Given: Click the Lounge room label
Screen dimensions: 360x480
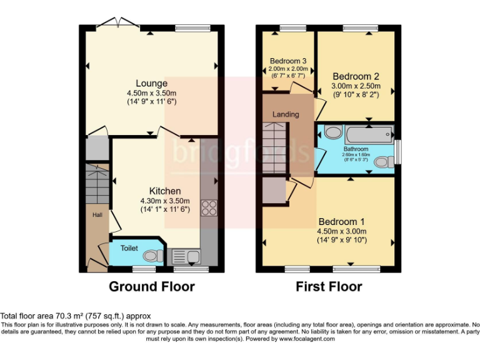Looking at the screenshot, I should click(x=151, y=83).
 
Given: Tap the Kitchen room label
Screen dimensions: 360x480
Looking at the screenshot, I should click(x=164, y=191).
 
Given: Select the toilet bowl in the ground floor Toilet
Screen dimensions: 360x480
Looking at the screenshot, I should click(x=152, y=255).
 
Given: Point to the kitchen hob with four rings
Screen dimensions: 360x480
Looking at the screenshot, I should click(x=208, y=207).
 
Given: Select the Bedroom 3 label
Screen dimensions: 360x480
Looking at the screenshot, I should click(x=287, y=61).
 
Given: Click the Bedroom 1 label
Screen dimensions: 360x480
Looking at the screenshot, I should click(x=341, y=222).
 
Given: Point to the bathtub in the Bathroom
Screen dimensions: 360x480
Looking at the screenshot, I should click(x=368, y=132).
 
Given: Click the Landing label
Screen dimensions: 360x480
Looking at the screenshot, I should click(x=286, y=114).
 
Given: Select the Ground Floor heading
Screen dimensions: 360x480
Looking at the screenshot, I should click(x=152, y=287).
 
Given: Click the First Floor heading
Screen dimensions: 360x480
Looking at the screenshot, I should click(x=329, y=287).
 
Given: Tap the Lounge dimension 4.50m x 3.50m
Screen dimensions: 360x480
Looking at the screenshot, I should click(x=151, y=93).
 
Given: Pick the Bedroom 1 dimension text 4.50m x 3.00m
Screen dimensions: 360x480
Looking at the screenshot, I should click(x=341, y=231).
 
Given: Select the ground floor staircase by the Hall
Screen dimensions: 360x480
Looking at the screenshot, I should click(x=97, y=184).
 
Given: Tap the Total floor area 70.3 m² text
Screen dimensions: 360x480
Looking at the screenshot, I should click(x=76, y=316).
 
